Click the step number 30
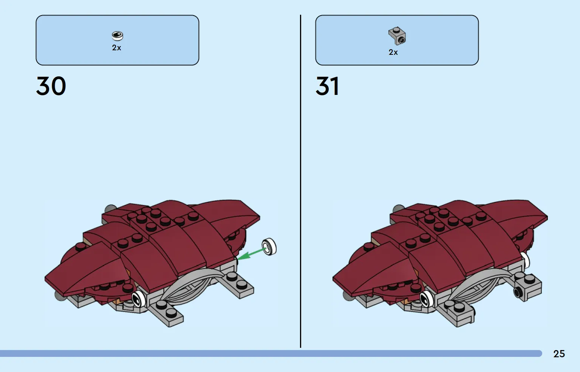click(51, 86)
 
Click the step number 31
click(327, 86)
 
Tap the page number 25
click(559, 354)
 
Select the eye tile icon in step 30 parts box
click(117, 36)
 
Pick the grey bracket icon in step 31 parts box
click(397, 36)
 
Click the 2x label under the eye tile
click(116, 48)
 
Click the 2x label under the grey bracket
click(393, 52)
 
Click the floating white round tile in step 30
click(269, 247)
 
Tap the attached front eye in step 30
click(139, 299)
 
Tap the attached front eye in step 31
click(427, 299)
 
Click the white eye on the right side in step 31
click(525, 260)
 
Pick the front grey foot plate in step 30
click(166, 312)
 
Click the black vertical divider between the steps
click(300, 181)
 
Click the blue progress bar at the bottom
click(271, 353)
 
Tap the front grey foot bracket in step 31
click(458, 313)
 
